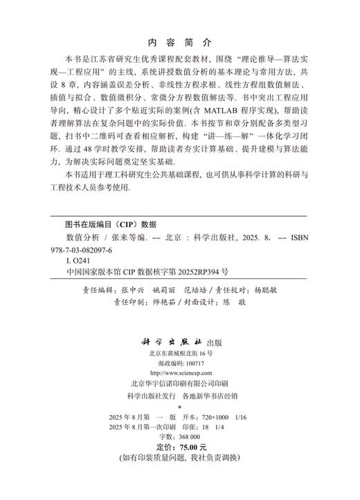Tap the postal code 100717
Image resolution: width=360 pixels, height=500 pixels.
point(195,362)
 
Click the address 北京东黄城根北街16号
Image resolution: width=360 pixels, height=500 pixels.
point(179,352)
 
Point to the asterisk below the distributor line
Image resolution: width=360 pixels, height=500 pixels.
point(179,409)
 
